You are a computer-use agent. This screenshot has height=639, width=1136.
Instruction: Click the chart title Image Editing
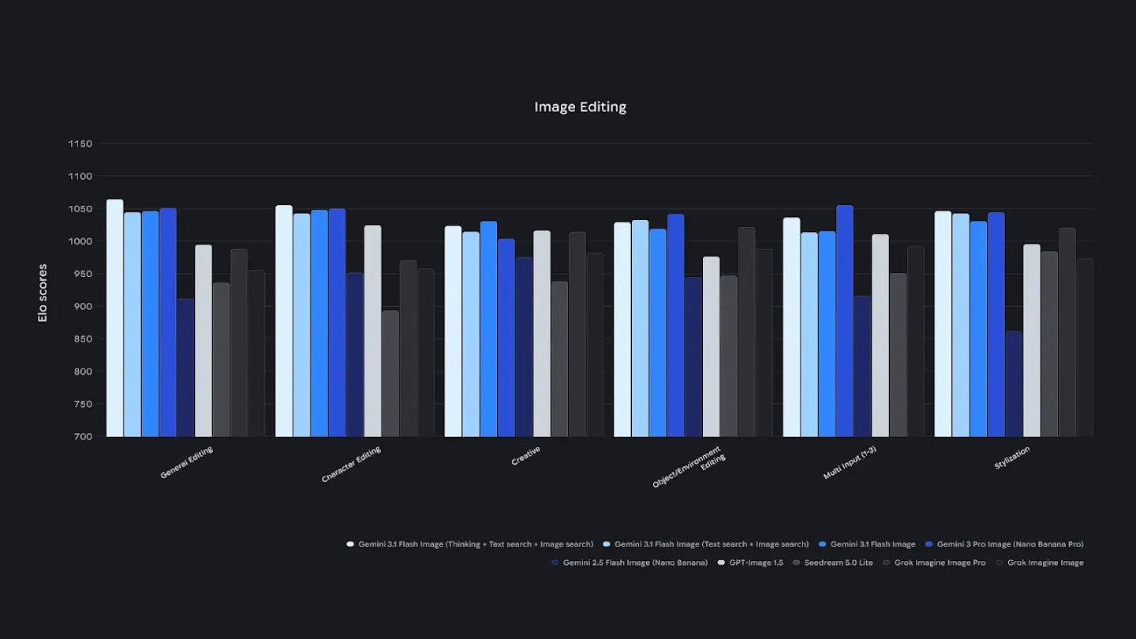tap(580, 107)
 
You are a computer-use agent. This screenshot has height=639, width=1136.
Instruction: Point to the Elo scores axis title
tap(43, 293)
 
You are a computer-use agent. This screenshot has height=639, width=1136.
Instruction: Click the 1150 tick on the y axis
tap(80, 144)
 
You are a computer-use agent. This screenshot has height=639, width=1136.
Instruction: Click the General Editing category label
tap(186, 463)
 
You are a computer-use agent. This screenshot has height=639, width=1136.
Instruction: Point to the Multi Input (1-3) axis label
tap(850, 463)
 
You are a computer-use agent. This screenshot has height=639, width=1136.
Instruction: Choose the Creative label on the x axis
tap(526, 456)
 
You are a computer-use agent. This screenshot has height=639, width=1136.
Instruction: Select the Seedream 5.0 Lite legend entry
tap(836, 563)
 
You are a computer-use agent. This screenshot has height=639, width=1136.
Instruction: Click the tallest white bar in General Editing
tap(115, 318)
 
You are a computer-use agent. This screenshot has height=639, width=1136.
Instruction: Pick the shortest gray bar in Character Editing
tap(390, 373)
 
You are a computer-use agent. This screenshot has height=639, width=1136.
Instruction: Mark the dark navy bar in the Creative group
tap(525, 347)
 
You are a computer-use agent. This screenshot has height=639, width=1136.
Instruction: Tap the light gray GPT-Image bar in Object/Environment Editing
tap(712, 346)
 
